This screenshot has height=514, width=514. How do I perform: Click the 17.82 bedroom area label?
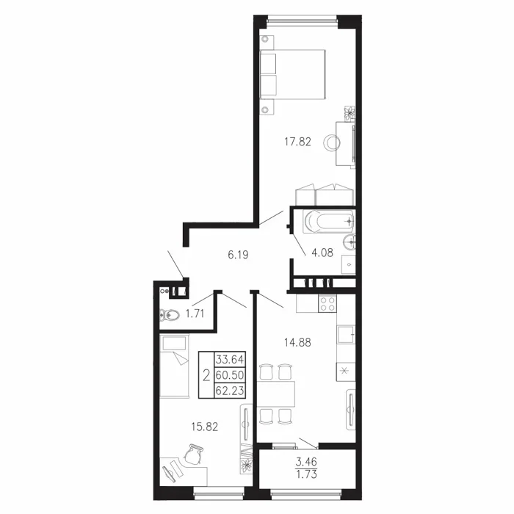tap(297, 142)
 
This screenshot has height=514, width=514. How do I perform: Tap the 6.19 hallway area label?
tap(239, 255)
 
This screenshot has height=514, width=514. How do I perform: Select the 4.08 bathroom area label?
tap(322, 253)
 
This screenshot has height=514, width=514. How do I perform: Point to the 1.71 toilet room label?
tap(195, 314)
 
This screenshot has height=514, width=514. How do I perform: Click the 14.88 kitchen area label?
tap(297, 343)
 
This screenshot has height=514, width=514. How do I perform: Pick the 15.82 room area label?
tap(205, 427)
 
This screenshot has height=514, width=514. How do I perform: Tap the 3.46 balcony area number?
tap(306, 462)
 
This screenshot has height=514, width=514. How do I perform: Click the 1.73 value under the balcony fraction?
tap(306, 474)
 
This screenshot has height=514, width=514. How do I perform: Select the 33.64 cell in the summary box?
tap(229, 360)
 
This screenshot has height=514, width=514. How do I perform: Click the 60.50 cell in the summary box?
tap(229, 374)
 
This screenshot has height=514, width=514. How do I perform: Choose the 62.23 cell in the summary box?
tap(229, 390)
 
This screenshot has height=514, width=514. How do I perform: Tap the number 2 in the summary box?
tap(206, 375)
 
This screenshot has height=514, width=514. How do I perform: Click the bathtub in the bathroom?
tap(329, 222)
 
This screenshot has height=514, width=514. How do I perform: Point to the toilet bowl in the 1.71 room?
tap(170, 315)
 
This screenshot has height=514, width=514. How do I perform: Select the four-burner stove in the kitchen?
tap(327, 303)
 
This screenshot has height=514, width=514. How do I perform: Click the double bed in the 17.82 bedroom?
tap(292, 74)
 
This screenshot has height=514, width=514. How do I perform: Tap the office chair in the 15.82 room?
tap(193, 454)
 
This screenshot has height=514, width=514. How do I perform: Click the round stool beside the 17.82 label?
tap(332, 142)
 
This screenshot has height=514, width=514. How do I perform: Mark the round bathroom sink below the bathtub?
tap(350, 242)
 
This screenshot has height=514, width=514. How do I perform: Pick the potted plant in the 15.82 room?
tap(246, 465)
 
